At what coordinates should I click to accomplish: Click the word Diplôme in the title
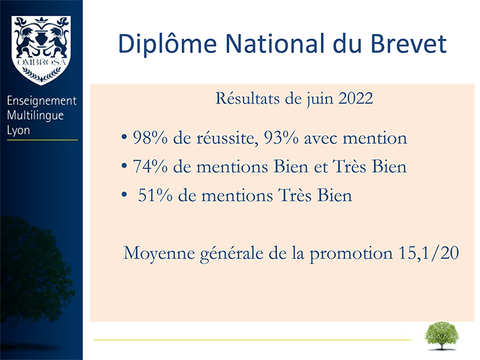coord(168,44)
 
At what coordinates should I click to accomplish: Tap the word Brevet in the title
coord(409,44)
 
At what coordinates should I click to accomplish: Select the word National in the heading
coord(275,43)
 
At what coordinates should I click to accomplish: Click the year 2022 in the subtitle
coord(356,99)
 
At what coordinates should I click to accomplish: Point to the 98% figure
coord(150,138)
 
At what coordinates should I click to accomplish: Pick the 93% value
coord(281,138)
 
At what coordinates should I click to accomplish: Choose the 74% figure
coord(150,167)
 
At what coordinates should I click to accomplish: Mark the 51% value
coord(155,195)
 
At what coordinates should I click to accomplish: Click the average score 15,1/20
coord(429,253)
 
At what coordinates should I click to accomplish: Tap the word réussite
coord(226,138)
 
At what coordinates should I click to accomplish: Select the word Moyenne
coord(159,254)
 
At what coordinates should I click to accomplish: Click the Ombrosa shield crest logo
coord(41,50)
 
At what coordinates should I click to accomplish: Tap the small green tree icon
coord(441,335)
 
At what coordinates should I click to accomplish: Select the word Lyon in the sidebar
coord(18,131)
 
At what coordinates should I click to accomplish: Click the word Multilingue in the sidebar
coord(35,116)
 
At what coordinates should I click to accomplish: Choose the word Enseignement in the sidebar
coord(42,101)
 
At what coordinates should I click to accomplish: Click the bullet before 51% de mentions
coord(124,194)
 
